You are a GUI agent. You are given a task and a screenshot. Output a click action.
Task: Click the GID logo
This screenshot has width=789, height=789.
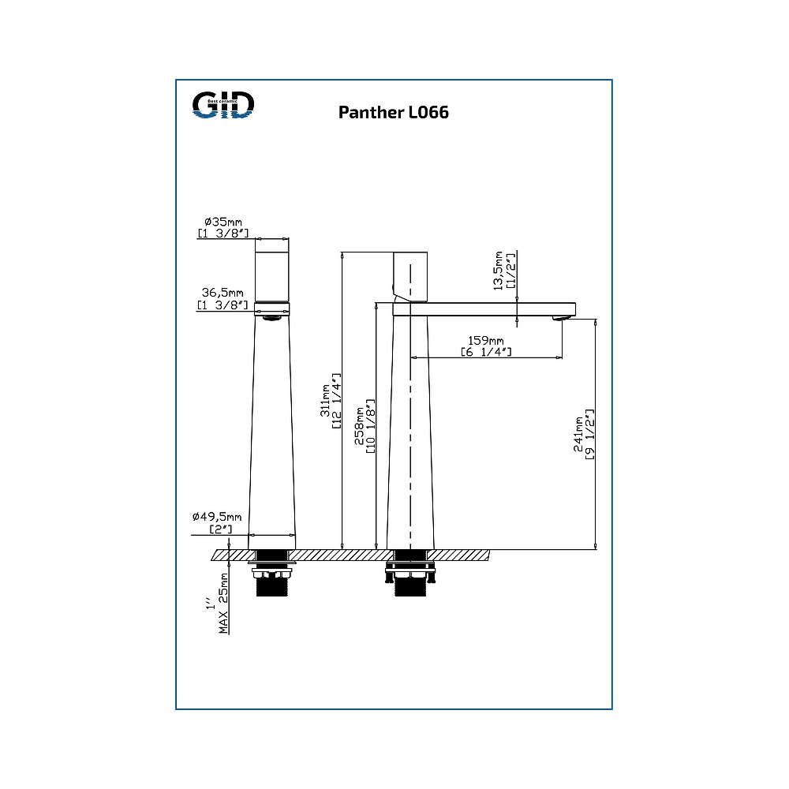(x=224, y=105)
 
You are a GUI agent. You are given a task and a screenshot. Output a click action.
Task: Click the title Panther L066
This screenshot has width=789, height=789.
(x=394, y=112)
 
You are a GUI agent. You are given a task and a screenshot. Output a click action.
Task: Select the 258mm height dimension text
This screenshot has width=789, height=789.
(x=360, y=428)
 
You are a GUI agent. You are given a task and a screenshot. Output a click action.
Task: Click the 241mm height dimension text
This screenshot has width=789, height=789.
(x=578, y=434)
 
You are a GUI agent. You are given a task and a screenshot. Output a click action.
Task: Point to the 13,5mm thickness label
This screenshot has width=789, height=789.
(x=498, y=271)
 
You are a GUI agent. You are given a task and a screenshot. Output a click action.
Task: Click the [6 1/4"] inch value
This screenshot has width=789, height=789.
(x=486, y=352)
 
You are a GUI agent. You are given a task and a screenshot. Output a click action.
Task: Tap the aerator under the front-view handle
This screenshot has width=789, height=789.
(x=272, y=318)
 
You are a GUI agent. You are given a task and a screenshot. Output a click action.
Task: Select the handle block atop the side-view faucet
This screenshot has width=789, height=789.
(x=410, y=276)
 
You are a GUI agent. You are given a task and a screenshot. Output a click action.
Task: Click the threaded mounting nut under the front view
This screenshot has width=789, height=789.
(x=272, y=585)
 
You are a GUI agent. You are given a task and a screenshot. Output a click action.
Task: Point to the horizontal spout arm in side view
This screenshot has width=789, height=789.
(x=489, y=309)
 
